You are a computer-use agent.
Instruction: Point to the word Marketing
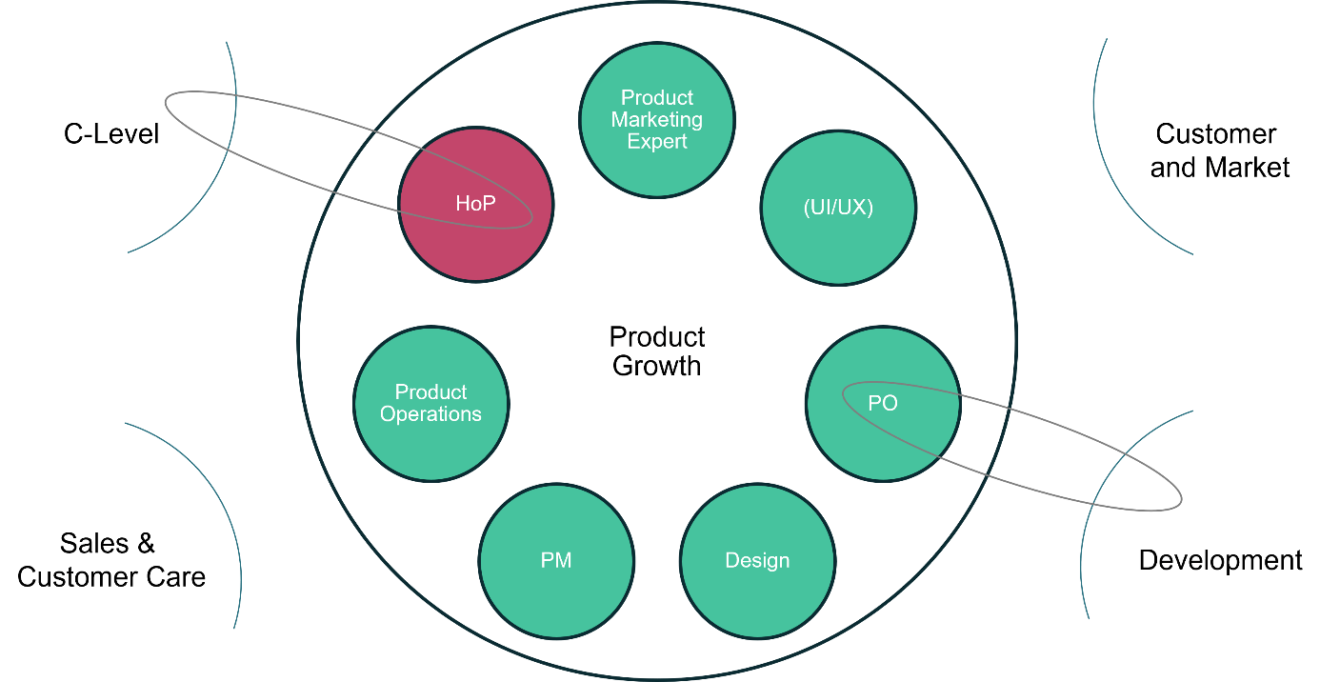tap(657, 120)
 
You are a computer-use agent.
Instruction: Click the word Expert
tap(657, 142)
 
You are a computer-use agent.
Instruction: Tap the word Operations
tap(431, 414)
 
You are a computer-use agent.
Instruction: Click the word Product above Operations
tap(431, 392)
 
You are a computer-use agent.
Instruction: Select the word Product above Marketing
tap(657, 98)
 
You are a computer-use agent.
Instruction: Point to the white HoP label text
tap(475, 204)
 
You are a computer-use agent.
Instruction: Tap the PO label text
tap(883, 403)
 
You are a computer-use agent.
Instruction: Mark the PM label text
tap(556, 560)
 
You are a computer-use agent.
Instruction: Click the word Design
tap(758, 560)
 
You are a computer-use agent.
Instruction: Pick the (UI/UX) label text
tap(839, 208)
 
